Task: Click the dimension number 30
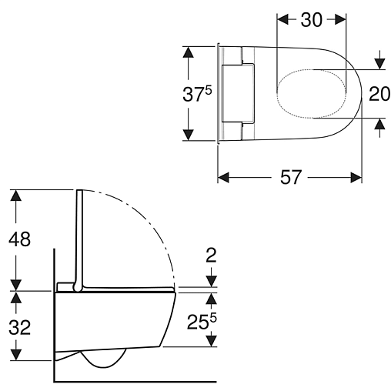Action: [x=311, y=20]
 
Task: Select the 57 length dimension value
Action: [x=290, y=177]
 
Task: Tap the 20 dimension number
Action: [x=379, y=94]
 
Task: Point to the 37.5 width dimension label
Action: [x=197, y=93]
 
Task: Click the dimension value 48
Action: [x=19, y=239]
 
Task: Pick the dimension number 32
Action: [x=19, y=327]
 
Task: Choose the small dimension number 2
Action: [x=211, y=256]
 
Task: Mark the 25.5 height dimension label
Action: [x=202, y=321]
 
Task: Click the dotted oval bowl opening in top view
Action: [x=312, y=69]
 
